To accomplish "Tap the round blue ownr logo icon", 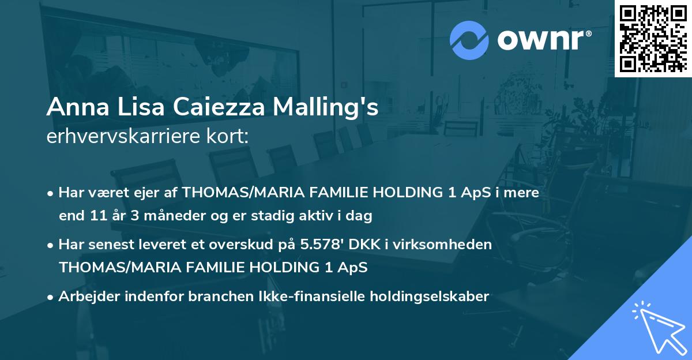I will pos(469,40).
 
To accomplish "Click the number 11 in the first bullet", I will pos(97,216).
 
